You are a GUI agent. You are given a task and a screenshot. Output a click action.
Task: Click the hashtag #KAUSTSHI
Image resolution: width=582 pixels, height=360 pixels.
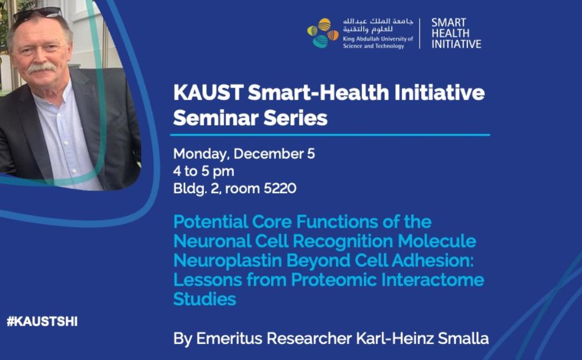tap(42, 321)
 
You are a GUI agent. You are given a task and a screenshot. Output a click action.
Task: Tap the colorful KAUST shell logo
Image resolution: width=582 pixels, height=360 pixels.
tap(323, 33)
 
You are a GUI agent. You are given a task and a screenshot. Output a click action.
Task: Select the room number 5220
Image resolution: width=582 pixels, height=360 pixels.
tap(280, 189)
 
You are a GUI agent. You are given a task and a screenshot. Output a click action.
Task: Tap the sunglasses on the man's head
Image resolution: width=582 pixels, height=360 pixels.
tap(37, 14)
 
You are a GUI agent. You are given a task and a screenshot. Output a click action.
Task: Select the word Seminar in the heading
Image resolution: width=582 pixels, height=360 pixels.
tap(216, 118)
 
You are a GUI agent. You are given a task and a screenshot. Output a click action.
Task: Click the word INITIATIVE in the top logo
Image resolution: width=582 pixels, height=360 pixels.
tap(456, 44)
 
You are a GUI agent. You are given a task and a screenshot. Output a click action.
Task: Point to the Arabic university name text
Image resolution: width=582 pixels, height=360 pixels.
tap(378, 25)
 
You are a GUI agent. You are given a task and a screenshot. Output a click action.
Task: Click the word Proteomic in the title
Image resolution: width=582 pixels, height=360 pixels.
tap(334, 280)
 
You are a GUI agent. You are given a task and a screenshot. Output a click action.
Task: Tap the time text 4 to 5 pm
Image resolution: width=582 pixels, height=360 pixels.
tap(204, 172)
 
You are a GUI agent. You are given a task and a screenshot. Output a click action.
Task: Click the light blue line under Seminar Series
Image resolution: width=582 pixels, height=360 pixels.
tap(330, 135)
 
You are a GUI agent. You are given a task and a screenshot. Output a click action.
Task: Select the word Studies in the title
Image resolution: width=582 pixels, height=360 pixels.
tap(205, 299)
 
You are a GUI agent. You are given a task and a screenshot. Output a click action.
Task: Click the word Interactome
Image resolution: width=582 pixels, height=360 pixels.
tap(432, 280)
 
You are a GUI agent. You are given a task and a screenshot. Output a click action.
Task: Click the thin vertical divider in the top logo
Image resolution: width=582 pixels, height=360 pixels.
tap(420, 33)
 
